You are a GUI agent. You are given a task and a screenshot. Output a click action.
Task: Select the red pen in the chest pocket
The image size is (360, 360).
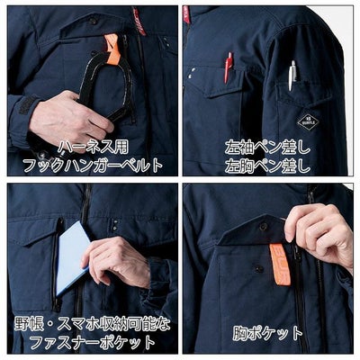[229, 67]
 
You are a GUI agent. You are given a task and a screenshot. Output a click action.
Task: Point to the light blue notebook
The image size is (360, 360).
[73, 256]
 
